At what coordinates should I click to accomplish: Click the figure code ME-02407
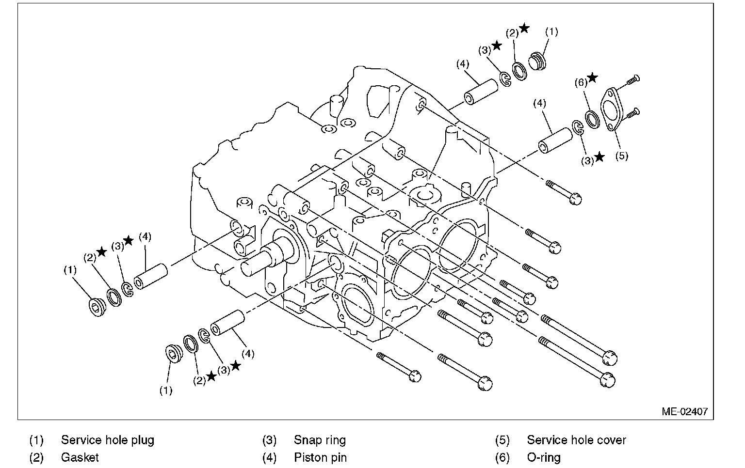coord(684,412)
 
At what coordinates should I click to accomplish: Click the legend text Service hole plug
coord(107,440)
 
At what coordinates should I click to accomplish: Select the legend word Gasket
coord(80,457)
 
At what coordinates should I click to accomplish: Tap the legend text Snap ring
coord(320,440)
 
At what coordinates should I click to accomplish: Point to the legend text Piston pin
coord(320,457)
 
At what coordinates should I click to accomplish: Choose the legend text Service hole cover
coord(576,440)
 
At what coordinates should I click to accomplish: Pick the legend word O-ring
coord(543,457)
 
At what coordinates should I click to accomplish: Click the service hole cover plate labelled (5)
coord(612,109)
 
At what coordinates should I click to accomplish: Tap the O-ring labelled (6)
coord(591,119)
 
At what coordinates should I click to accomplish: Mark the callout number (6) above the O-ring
coord(581,82)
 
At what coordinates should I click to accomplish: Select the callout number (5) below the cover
coord(621,156)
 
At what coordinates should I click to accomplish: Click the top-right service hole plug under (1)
coord(537,61)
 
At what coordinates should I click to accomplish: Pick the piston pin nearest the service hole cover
coord(555,140)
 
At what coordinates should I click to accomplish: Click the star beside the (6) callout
coord(592,78)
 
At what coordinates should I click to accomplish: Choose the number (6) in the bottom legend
coord(502,457)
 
